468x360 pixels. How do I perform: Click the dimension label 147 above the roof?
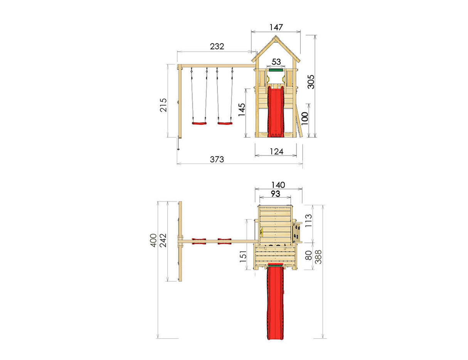click(x=276, y=27)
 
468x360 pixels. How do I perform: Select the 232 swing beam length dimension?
click(x=217, y=47)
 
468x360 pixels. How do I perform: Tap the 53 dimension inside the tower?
click(x=276, y=62)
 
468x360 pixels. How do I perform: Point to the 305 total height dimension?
click(x=311, y=81)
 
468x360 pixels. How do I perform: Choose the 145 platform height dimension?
click(x=242, y=112)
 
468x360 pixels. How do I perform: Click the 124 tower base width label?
click(x=276, y=151)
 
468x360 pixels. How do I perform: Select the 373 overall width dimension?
click(x=217, y=159)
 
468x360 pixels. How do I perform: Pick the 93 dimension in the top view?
click(x=275, y=193)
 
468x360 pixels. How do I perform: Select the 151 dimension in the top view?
click(x=243, y=256)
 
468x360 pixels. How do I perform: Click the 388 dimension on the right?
click(x=318, y=256)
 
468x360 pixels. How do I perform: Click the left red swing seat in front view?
click(x=199, y=123)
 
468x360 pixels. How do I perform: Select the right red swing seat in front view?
click(x=225, y=123)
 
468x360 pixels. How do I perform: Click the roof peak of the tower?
click(x=276, y=37)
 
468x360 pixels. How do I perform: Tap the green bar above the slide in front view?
click(x=276, y=71)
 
